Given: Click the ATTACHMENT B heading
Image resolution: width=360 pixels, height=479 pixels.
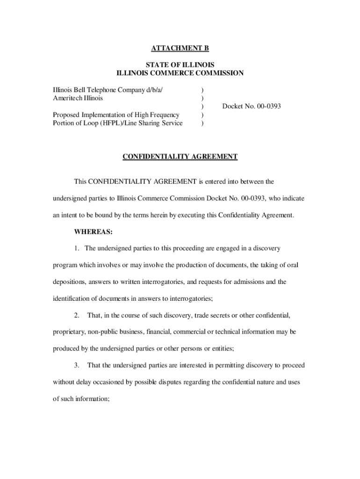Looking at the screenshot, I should click(x=180, y=48).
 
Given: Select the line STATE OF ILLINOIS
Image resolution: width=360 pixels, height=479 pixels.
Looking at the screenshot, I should click(x=180, y=65).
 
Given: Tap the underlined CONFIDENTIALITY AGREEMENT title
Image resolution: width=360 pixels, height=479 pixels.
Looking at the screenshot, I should click(x=180, y=157).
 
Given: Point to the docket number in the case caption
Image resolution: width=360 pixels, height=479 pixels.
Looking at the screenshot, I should click(x=252, y=107).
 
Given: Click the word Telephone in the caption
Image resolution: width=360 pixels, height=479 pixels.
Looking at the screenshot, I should click(x=101, y=89).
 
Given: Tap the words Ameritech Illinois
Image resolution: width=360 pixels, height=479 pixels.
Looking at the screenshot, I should click(x=78, y=98).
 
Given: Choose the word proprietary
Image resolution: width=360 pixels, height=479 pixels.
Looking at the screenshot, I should click(x=69, y=332).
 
